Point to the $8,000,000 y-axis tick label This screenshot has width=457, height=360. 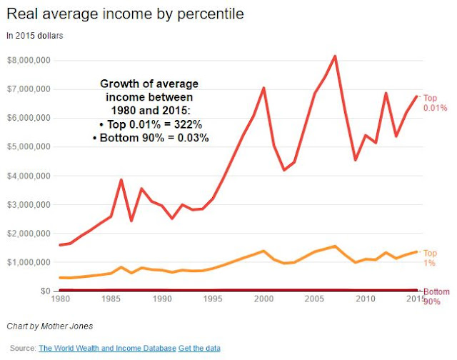click(28, 60)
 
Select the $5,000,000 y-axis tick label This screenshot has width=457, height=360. click(28, 147)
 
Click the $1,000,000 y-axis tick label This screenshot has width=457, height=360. click(28, 263)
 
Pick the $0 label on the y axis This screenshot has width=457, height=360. click(44, 291)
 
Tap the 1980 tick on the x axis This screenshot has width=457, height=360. click(61, 298)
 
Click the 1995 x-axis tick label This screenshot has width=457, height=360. click(214, 298)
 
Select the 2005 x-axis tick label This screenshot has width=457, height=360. click(315, 298)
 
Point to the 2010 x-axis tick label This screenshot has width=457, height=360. click(366, 298)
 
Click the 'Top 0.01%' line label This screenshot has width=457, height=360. click(435, 103)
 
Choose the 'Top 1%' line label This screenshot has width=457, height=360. click(431, 258)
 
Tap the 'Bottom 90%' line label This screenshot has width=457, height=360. click(436, 296)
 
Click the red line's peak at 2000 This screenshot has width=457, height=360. click(264, 88)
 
